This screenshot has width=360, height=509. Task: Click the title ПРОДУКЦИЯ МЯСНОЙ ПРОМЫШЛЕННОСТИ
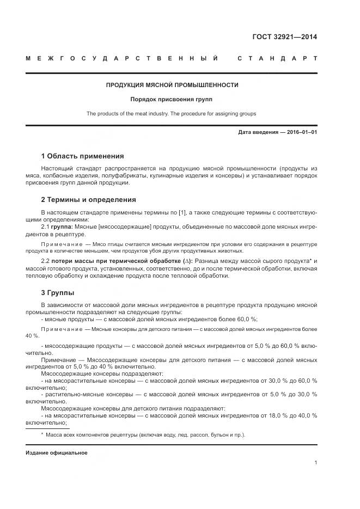(x=172, y=85)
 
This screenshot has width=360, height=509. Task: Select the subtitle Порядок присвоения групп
(x=172, y=100)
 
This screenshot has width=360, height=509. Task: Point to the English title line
(x=172, y=114)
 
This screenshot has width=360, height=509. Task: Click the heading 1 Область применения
(x=82, y=156)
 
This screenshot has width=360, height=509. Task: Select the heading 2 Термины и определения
(x=88, y=200)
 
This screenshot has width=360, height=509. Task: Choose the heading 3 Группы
(x=58, y=293)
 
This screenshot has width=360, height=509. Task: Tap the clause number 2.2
(x=46, y=261)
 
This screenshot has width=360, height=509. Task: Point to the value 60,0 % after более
(x=247, y=320)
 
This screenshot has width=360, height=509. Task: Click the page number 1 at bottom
(x=315, y=462)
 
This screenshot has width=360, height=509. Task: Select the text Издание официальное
(x=56, y=453)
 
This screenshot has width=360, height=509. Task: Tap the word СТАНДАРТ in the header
(x=277, y=59)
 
